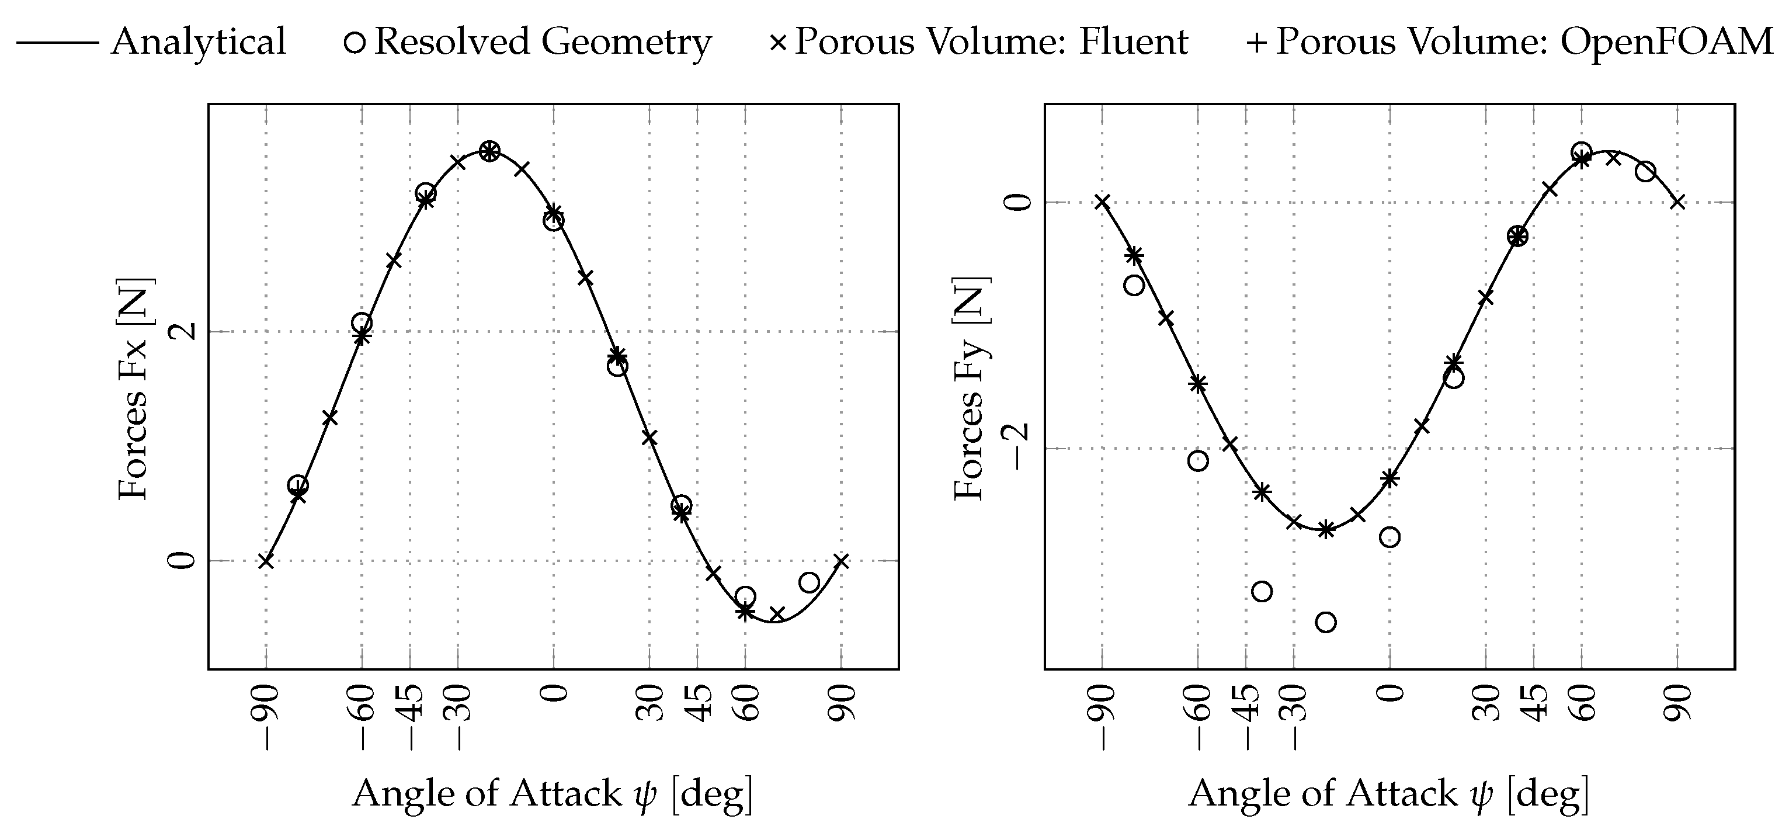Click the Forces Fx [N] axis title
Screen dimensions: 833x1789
click(x=133, y=388)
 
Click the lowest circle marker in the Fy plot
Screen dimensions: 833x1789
click(x=1326, y=622)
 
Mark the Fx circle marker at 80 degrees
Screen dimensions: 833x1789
click(x=809, y=582)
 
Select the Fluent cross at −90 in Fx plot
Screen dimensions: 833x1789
click(x=265, y=561)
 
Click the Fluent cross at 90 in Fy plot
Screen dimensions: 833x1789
click(x=1677, y=202)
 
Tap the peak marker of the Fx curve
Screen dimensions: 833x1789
click(x=489, y=151)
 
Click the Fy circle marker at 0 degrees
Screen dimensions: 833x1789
click(x=1389, y=537)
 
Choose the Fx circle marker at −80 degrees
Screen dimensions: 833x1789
click(x=298, y=485)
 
